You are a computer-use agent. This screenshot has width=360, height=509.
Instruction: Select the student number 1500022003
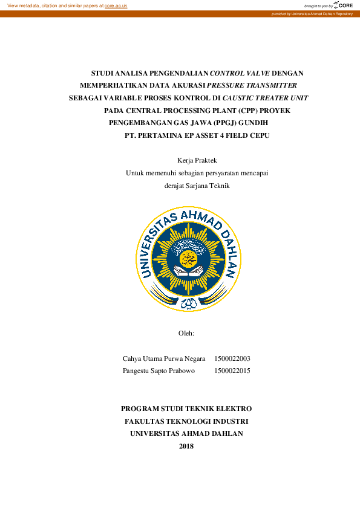click(232, 358)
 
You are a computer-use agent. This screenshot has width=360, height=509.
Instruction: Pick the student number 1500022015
click(232, 371)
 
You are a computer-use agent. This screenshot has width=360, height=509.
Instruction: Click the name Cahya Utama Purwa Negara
click(164, 358)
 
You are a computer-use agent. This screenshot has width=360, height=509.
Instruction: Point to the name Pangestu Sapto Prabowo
click(159, 371)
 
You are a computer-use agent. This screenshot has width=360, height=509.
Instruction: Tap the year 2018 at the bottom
click(186, 446)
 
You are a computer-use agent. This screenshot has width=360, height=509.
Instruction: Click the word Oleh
click(186, 333)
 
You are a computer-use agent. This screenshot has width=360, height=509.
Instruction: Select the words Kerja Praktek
click(197, 160)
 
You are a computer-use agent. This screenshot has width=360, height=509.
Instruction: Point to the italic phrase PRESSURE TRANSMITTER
click(252, 85)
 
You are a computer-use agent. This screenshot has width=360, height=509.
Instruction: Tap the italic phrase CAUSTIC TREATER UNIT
click(265, 98)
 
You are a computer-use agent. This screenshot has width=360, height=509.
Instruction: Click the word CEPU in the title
click(258, 136)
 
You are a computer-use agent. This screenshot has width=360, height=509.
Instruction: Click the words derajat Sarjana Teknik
click(197, 186)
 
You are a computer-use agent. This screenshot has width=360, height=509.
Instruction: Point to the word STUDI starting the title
click(102, 72)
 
